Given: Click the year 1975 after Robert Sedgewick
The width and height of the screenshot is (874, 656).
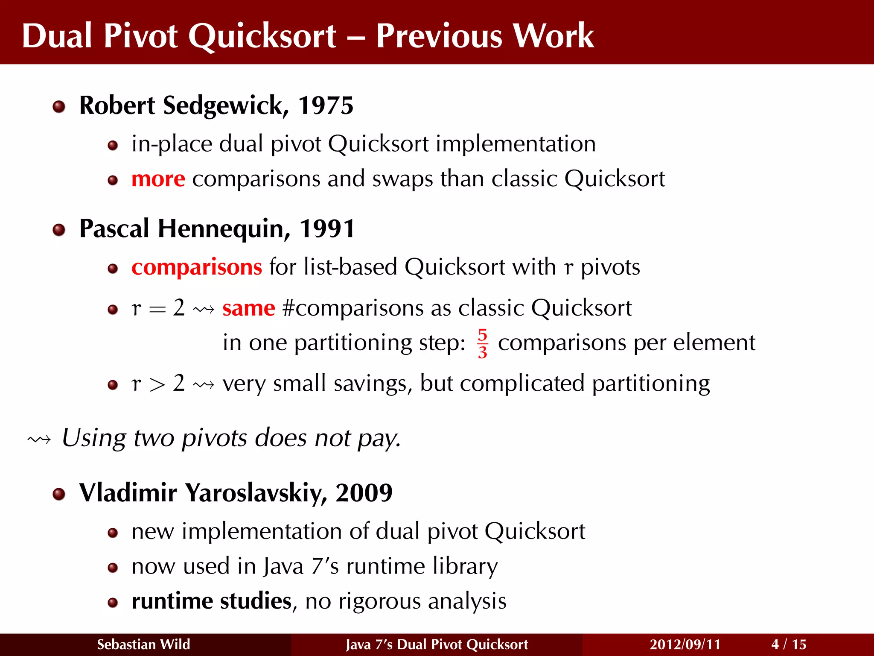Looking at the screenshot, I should click(326, 105).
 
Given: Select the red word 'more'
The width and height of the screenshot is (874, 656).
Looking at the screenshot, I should click(158, 179).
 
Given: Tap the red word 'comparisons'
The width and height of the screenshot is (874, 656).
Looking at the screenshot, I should click(196, 267).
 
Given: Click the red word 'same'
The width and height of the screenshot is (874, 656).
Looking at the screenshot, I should click(248, 308).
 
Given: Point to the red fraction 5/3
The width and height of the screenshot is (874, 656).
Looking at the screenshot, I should click(482, 343).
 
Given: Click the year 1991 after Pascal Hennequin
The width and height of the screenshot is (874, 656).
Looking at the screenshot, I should click(327, 228).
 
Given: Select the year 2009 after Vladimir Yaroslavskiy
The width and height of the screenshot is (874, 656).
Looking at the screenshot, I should click(364, 492).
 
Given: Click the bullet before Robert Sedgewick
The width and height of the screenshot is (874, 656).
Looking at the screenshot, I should click(59, 106).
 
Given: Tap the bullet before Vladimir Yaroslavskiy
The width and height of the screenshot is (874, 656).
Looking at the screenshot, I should click(59, 494).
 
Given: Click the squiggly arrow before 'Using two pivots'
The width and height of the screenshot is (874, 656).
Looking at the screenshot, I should click(39, 439).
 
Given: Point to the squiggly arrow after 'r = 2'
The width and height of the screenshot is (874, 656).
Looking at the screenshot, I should click(204, 309).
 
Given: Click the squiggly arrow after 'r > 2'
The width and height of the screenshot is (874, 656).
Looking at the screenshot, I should click(204, 385).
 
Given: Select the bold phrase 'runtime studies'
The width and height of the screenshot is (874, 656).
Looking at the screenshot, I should click(211, 601).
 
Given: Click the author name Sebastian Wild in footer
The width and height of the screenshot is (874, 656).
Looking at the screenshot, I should click(143, 644).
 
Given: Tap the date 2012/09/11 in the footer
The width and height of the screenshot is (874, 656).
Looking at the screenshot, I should click(685, 644).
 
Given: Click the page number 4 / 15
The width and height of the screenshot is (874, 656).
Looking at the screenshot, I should click(789, 644).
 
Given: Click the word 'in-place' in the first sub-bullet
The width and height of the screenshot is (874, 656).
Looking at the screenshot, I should click(172, 144).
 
